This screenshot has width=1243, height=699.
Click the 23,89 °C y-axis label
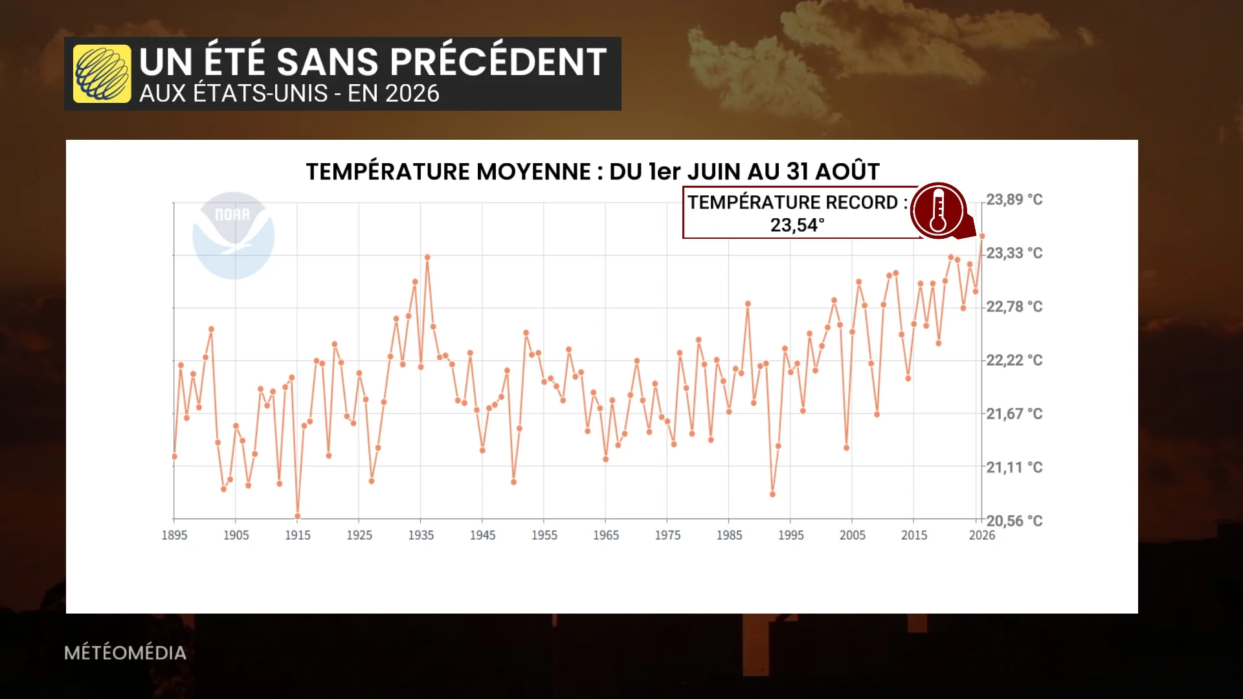pyautogui.click(x=1014, y=199)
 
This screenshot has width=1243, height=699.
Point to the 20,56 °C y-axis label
pyautogui.click(x=1014, y=521)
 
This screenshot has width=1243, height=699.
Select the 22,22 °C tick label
pyautogui.click(x=1014, y=360)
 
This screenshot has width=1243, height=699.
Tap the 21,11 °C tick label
pyautogui.click(x=1014, y=467)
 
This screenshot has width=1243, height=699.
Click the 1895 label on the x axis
pyautogui.click(x=174, y=535)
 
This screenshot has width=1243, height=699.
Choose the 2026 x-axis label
pyautogui.click(x=981, y=535)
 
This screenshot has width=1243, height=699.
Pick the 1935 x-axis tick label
pyautogui.click(x=421, y=535)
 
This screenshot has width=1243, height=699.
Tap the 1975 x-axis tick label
pyautogui.click(x=667, y=535)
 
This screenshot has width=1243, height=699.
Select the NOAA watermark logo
pyautogui.click(x=233, y=236)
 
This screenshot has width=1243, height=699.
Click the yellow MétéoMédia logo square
pyautogui.click(x=102, y=74)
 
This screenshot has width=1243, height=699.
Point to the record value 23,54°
pyautogui.click(x=797, y=225)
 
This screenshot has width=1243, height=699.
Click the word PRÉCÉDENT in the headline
pyautogui.click(x=498, y=61)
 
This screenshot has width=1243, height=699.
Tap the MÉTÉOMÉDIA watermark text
pyautogui.click(x=125, y=652)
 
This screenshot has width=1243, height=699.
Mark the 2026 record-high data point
pyautogui.click(x=982, y=236)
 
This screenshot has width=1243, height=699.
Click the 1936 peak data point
pyautogui.click(x=427, y=257)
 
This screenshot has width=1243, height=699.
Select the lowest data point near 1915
pyautogui.click(x=298, y=516)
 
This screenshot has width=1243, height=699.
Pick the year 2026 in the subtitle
pyautogui.click(x=412, y=94)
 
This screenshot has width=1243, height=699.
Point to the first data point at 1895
pyautogui.click(x=174, y=456)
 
